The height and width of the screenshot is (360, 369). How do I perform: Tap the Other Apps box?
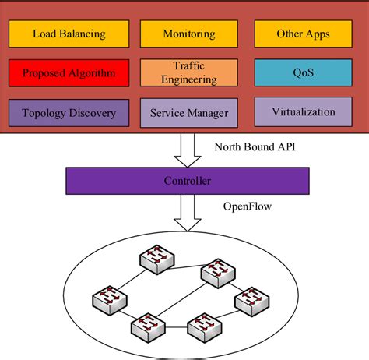tap(303, 34)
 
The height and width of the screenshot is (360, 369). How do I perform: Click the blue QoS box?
tap(303, 73)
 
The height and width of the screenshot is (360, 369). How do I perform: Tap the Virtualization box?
tap(303, 111)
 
